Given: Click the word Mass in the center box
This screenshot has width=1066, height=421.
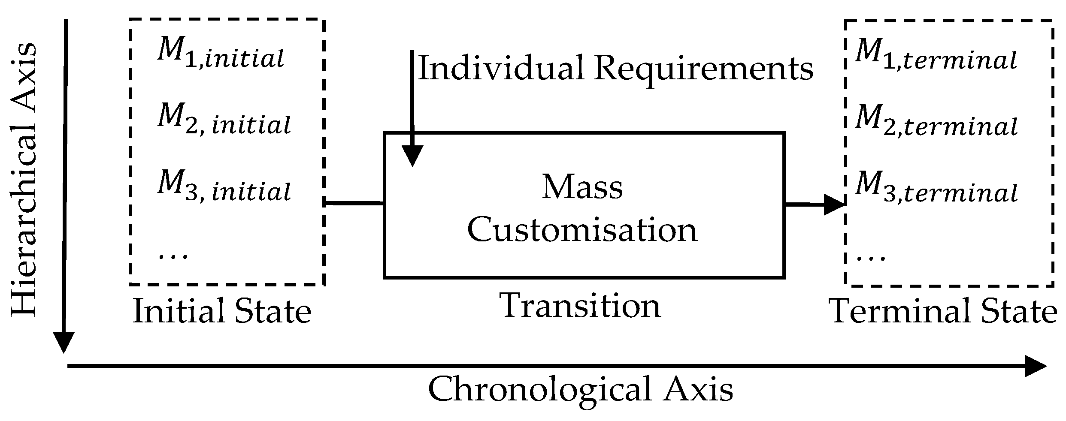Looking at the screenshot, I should [x=582, y=187].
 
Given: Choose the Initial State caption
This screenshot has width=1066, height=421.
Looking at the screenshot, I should [x=222, y=312].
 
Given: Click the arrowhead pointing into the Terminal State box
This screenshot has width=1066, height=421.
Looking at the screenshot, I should [x=835, y=205].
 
